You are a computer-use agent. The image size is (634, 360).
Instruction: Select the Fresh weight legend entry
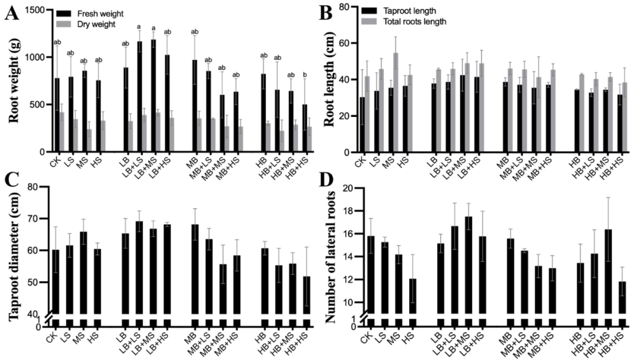coord(89,12)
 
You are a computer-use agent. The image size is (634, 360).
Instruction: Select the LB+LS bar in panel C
coord(139,267)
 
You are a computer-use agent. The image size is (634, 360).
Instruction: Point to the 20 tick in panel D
coord(346,188)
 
